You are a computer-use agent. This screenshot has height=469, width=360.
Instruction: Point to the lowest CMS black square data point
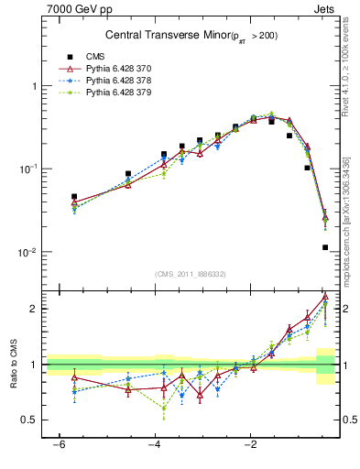325,247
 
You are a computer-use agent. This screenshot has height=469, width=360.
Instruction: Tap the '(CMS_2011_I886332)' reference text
191,273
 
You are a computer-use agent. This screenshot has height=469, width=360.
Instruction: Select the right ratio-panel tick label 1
345,365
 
